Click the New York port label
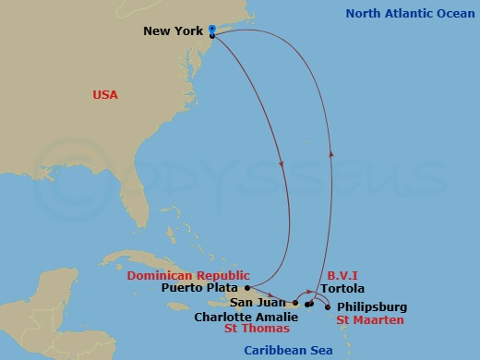pyautogui.click(x=172, y=31)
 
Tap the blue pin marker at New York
pyautogui.click(x=212, y=30)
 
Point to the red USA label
pyautogui.click(x=104, y=95)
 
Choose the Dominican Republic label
pyautogui.click(x=187, y=275)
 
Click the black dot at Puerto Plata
pyautogui.click(x=247, y=287)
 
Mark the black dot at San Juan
pyautogui.click(x=295, y=303)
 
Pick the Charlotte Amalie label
pyautogui.click(x=246, y=316)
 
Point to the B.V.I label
pyautogui.click(x=342, y=275)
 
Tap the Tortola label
pyautogui.click(x=342, y=289)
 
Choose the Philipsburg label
pyautogui.click(x=371, y=306)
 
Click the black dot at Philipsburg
pyautogui.click(x=329, y=306)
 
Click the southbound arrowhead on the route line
pyautogui.click(x=280, y=164)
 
